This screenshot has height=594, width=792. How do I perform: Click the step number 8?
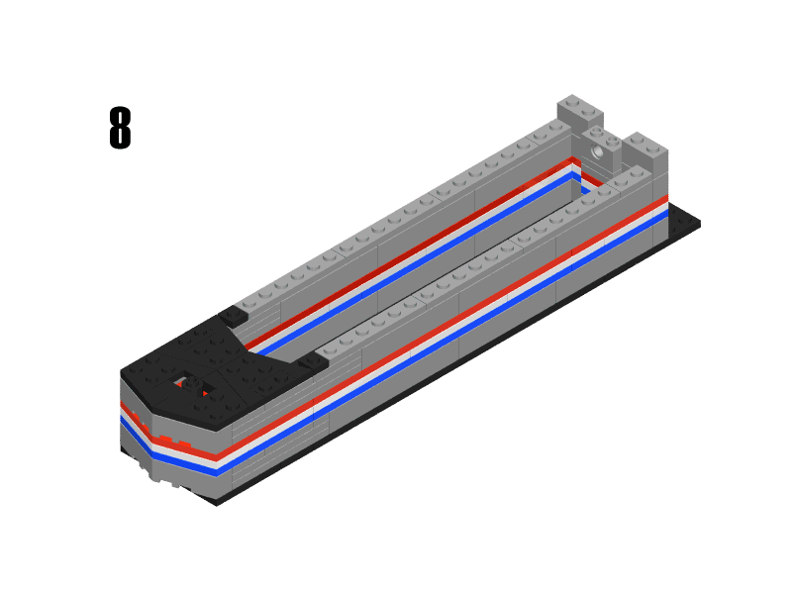click(x=119, y=129)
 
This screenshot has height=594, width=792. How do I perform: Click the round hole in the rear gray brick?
click(x=597, y=152)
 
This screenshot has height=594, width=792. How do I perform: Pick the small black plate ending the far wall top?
click(x=234, y=316)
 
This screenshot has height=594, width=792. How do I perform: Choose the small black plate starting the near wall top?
click(x=313, y=363)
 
